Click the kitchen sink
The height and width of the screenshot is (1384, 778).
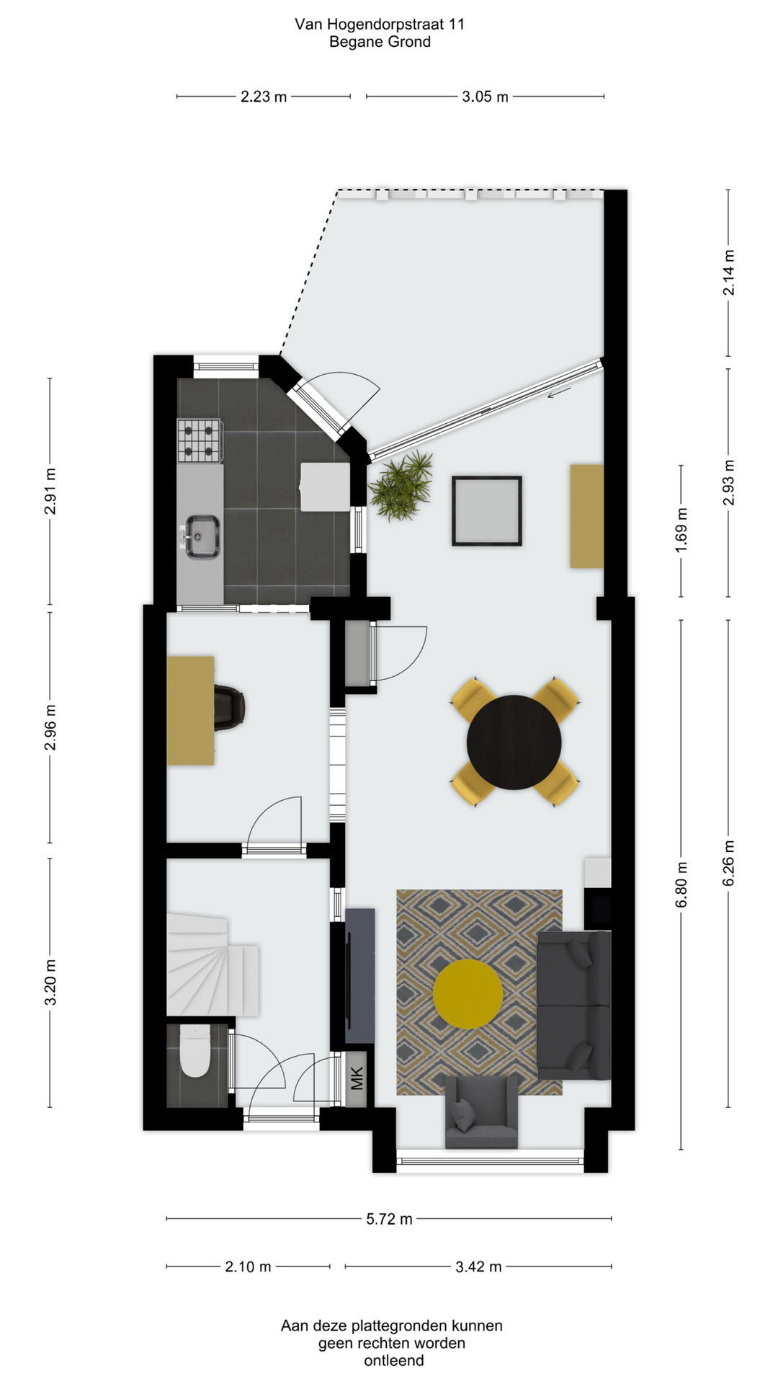coord(200,536)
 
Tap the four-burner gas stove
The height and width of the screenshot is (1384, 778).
coord(199,441)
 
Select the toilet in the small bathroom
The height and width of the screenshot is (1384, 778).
coord(194,1052)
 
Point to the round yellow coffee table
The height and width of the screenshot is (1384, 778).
coord(468,993)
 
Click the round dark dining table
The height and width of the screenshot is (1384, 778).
coord(514,742)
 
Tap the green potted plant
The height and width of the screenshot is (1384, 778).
coord(401,484)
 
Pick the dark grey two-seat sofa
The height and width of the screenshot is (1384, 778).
coord(574,1005)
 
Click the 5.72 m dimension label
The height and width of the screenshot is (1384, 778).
coord(389,1219)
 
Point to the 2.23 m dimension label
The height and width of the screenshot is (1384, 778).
coord(264,97)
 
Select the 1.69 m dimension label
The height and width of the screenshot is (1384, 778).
coord(681,531)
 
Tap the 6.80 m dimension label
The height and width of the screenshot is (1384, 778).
coord(681,885)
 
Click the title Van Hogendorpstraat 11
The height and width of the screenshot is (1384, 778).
coord(380,24)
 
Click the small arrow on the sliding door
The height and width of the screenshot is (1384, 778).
coord(559,393)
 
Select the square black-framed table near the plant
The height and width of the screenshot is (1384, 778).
coord(487,510)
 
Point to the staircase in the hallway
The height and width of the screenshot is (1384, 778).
coord(213,964)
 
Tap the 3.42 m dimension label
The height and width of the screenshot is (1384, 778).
coord(478,1267)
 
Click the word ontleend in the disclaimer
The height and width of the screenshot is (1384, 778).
coord(393,1361)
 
